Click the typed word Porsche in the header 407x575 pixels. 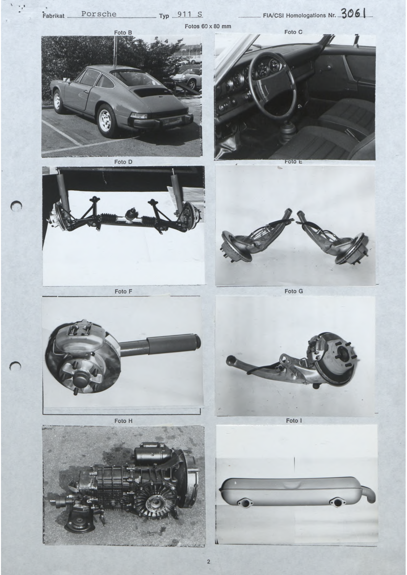click(x=99, y=14)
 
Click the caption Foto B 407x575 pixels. click(x=123, y=32)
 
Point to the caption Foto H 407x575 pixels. click(x=123, y=421)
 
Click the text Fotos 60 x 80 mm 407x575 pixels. click(x=208, y=26)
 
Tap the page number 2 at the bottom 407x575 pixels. click(x=208, y=552)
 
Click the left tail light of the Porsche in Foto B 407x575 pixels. click(x=138, y=115)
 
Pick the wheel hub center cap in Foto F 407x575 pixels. click(x=80, y=379)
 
